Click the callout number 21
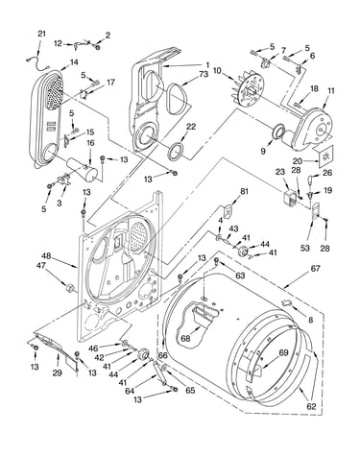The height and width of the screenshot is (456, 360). tap(42, 34)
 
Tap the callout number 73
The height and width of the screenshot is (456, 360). tap(204, 74)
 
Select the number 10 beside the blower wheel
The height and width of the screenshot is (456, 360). tap(217, 70)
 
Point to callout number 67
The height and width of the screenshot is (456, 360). tap(315, 268)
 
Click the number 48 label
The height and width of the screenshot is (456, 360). tap(46, 256)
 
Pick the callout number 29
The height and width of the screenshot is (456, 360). tap(58, 372)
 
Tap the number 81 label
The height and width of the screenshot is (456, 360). tap(244, 192)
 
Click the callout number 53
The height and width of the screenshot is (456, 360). tap(305, 248)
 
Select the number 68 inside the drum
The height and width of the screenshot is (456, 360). tap(185, 338)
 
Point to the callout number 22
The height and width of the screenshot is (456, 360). tap(191, 127)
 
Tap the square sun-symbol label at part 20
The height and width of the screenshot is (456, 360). tap(326, 156)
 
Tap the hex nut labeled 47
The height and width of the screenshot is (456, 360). tap(70, 288)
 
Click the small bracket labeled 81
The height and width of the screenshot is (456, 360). tap(229, 210)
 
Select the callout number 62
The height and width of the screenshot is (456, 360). tap(311, 406)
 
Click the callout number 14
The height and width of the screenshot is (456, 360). tap(74, 61)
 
